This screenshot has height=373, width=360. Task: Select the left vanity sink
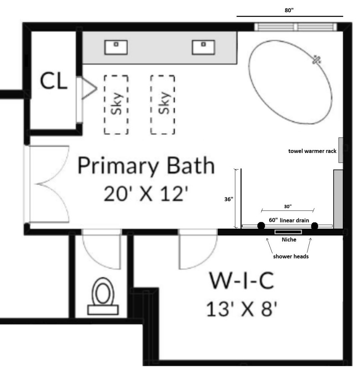(x=116, y=47)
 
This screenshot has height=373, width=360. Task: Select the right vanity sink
(x=203, y=47)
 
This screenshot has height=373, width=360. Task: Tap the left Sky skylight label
(x=116, y=104)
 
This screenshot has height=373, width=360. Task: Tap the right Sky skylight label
(x=163, y=104)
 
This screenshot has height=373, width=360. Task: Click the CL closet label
(x=54, y=82)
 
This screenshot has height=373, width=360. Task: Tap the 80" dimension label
(x=289, y=10)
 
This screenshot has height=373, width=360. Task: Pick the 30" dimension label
(x=288, y=206)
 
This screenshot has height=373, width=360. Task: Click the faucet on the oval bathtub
(x=317, y=59)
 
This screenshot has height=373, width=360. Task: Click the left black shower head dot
(x=261, y=226)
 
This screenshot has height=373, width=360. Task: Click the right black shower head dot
(x=314, y=226)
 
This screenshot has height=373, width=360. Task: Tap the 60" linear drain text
(x=288, y=219)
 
